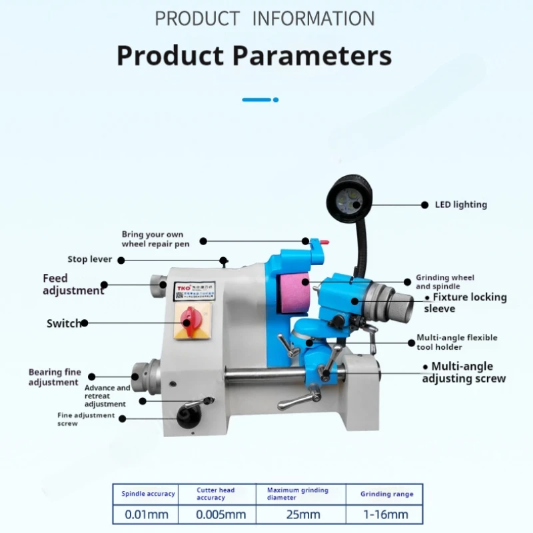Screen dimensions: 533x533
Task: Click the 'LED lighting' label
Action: (460, 205)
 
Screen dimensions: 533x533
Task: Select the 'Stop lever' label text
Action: (90, 259)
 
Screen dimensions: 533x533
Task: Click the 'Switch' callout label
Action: (64, 323)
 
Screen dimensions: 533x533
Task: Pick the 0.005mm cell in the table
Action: (221, 514)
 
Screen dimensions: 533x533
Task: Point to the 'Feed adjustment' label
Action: (73, 284)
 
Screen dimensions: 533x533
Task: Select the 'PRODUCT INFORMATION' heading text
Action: (265, 18)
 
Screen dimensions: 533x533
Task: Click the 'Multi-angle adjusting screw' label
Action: (464, 372)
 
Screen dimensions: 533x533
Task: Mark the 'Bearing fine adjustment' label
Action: (55, 377)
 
